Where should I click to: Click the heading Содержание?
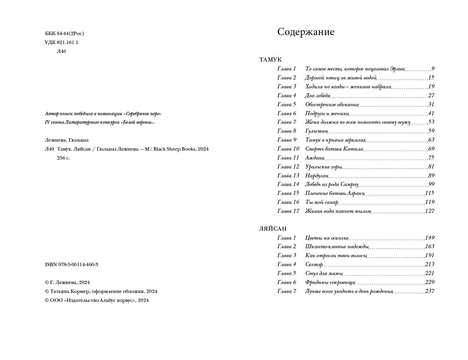click(306, 32)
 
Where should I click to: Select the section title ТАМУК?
click(270, 60)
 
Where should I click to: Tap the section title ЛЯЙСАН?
click(273, 229)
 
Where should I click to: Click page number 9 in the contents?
click(433, 69)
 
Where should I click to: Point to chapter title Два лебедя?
click(317, 96)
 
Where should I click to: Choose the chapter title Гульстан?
click(316, 131)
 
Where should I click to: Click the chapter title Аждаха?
click(314, 158)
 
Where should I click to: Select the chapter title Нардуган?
click(317, 176)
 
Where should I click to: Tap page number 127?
click(430, 211)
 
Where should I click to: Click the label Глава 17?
click(288, 211)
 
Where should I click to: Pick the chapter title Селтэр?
click(314, 264)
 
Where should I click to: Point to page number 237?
click(430, 291)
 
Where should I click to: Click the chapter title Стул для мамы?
click(324, 273)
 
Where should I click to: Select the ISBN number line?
click(72, 265)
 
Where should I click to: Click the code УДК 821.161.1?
click(62, 43)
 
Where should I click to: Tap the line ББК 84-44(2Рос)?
click(64, 34)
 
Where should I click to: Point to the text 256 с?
click(63, 158)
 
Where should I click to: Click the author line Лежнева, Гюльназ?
click(67, 140)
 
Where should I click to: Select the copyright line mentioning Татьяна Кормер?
click(101, 292)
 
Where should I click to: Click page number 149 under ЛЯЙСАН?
click(430, 238)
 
